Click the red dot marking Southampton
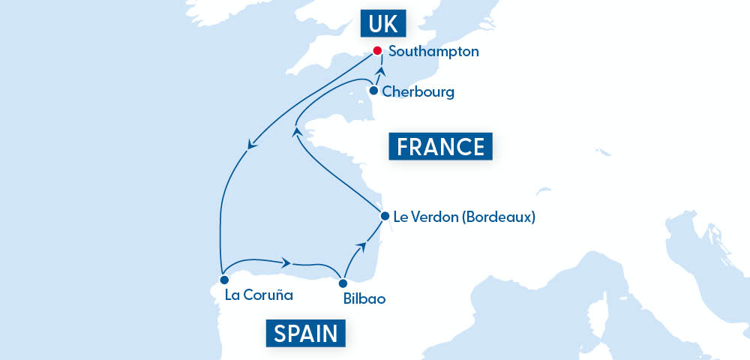click(378, 52)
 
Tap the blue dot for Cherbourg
click(373, 91)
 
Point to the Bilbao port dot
click(343, 283)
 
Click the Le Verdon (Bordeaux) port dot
click(385, 216)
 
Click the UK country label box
click(383, 24)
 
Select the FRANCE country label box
click(440, 145)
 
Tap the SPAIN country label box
click(305, 332)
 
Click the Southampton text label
click(433, 53)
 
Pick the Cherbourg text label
click(418, 92)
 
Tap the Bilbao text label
click(364, 298)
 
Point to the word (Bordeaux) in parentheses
click(499, 218)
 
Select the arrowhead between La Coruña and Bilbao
click(286, 262)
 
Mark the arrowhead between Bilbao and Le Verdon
click(362, 244)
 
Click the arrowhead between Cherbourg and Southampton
click(381, 71)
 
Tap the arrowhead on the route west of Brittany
click(295, 132)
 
